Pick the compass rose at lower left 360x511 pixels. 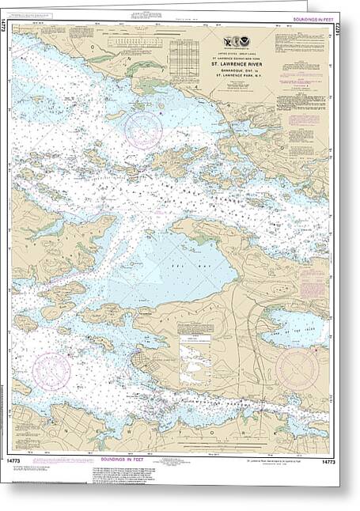[x=53, y=371]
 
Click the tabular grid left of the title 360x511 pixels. [x=184, y=57]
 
